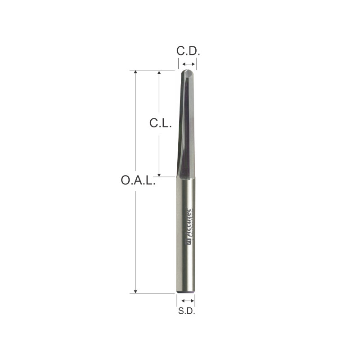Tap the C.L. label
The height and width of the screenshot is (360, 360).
(x=161, y=123)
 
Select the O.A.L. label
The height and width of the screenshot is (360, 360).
(x=138, y=181)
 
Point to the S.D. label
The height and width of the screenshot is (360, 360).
(x=186, y=311)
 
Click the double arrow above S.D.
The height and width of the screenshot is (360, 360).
(x=186, y=300)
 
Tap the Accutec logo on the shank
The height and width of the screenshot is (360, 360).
(x=189, y=227)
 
